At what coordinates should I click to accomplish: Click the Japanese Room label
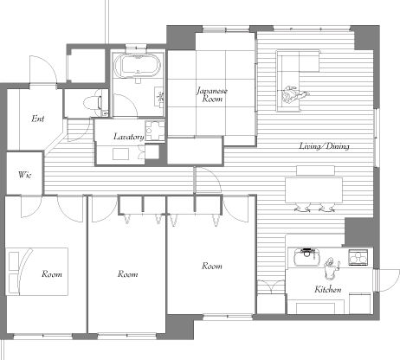[212, 95]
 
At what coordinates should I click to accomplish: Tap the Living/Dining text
[325, 146]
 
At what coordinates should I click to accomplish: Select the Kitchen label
[328, 289]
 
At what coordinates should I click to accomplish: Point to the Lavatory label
[129, 137]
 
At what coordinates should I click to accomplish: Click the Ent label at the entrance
[38, 119]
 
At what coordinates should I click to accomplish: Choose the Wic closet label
[24, 175]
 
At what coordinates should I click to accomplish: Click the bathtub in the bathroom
[137, 66]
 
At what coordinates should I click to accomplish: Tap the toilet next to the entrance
[93, 103]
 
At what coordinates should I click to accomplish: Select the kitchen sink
[306, 256]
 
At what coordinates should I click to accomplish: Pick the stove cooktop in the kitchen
[358, 257]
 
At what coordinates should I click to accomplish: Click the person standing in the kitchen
[331, 268]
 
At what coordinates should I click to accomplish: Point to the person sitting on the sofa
[294, 93]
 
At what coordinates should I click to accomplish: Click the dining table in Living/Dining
[313, 190]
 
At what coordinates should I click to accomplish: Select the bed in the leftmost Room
[37, 272]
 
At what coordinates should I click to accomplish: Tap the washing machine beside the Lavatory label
[155, 131]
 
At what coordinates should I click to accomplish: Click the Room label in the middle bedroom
[127, 274]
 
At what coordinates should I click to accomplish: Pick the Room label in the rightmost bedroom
[212, 266]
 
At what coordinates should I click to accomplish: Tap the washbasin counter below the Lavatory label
[120, 155]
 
